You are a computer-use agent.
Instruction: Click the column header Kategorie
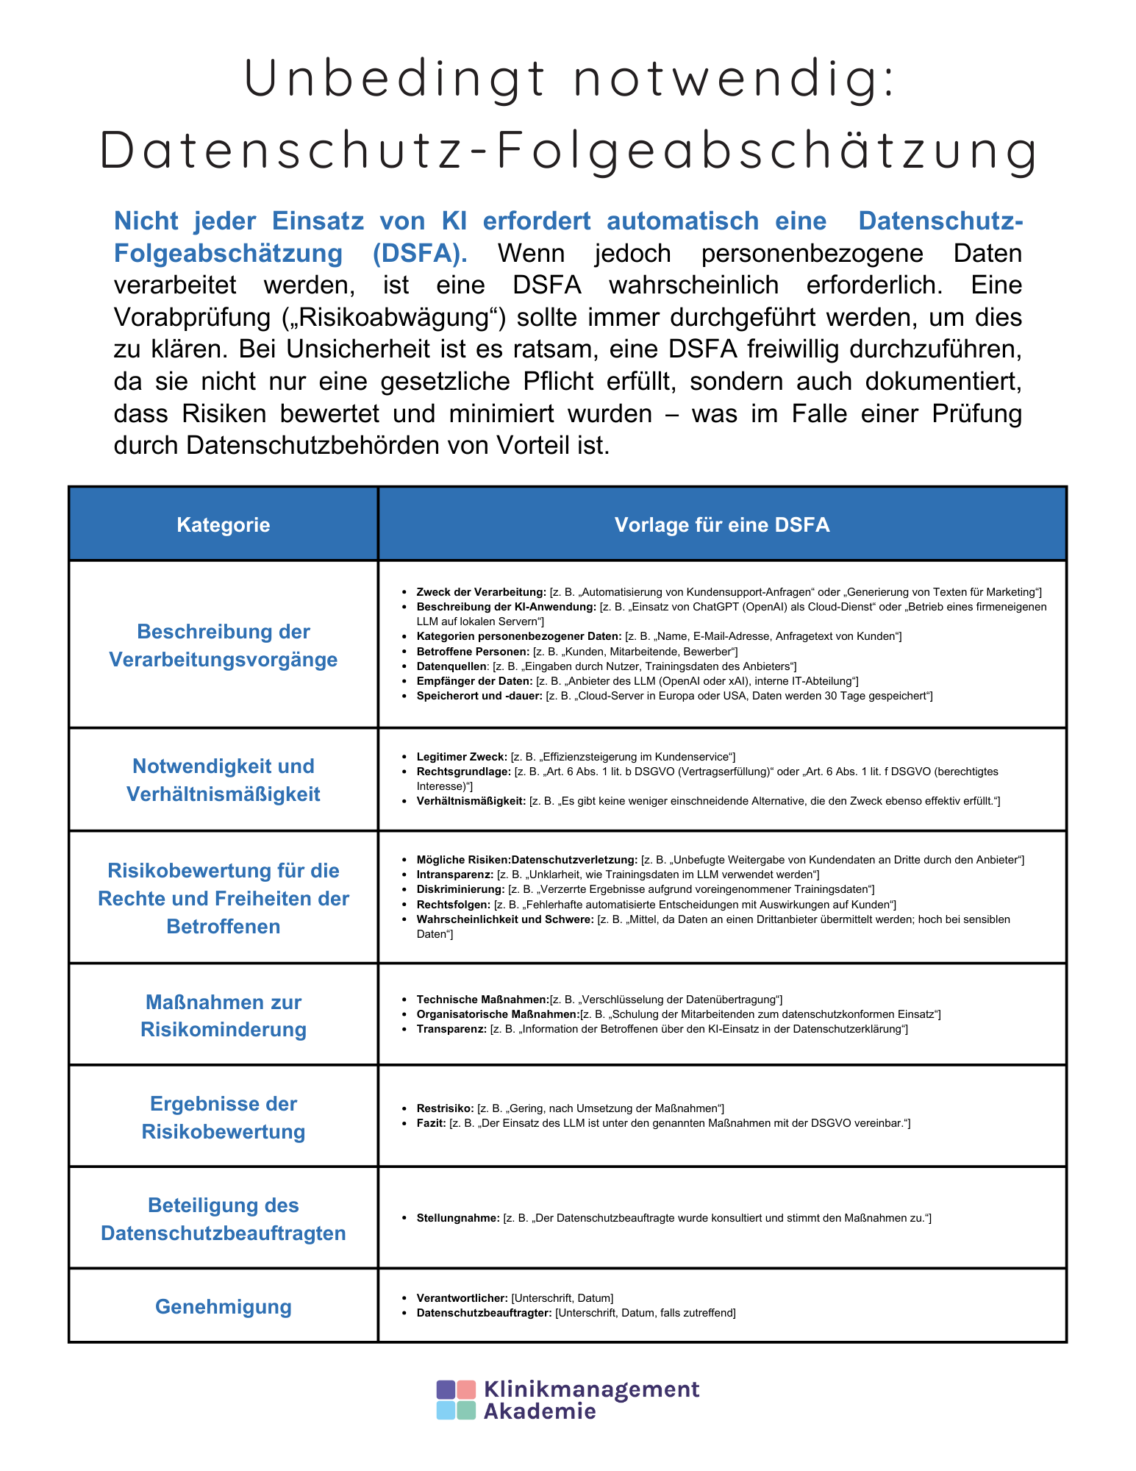click(223, 524)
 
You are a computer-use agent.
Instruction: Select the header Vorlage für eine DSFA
click(721, 524)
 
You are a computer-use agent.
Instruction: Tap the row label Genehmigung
click(223, 1306)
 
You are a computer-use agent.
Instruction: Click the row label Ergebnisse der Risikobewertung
click(223, 1117)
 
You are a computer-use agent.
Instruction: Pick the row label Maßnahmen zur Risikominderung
click(223, 1015)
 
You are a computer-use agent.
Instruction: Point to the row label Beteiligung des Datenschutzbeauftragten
click(223, 1219)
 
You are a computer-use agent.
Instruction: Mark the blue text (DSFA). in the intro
click(419, 253)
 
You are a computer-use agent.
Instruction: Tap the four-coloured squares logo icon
click(456, 1400)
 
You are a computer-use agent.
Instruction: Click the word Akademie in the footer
click(539, 1411)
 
